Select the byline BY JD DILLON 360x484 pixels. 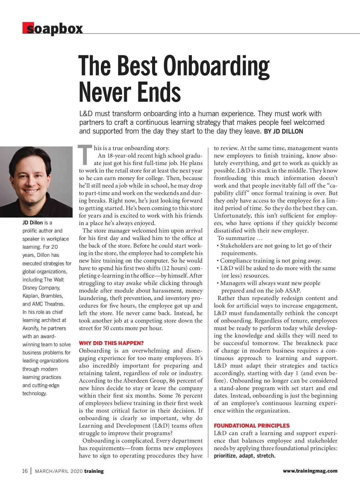(x=283, y=131)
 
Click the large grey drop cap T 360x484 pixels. (x=85, y=155)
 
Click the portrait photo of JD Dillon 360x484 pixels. (x=36, y=182)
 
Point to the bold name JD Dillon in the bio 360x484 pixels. (x=32, y=223)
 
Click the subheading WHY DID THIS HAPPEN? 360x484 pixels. (x=111, y=343)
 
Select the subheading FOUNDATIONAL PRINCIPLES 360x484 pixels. (x=252, y=425)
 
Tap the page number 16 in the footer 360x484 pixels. (x=25, y=471)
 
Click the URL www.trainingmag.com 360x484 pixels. (x=310, y=471)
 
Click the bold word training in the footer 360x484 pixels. (x=94, y=471)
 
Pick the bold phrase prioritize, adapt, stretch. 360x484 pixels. (x=244, y=456)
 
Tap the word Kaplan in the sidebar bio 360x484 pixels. (x=31, y=296)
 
